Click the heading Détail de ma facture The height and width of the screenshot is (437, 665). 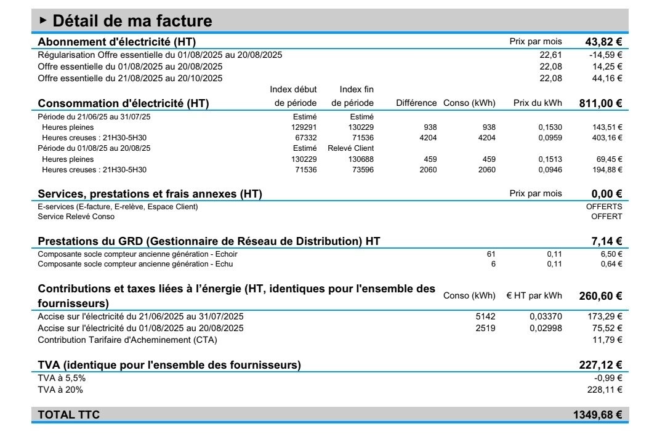click(x=132, y=21)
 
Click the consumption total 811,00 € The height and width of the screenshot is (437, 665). click(x=600, y=103)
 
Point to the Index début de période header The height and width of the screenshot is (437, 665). click(x=294, y=96)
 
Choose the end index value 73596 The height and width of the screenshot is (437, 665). click(x=360, y=170)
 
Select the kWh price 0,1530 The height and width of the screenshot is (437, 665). click(x=550, y=127)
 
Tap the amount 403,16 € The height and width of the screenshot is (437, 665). click(x=607, y=138)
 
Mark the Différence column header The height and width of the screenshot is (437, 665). click(x=416, y=103)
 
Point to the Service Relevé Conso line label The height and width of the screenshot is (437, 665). click(x=76, y=217)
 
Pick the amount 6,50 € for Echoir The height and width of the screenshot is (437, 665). click(x=611, y=254)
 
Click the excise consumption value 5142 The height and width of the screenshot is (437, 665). click(x=485, y=316)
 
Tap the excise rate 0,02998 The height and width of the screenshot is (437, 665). click(x=546, y=328)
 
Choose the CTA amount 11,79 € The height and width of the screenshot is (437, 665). click(x=608, y=340)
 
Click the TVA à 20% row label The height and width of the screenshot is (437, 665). click(x=60, y=390)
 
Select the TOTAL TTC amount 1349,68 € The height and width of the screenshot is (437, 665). click(x=597, y=415)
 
